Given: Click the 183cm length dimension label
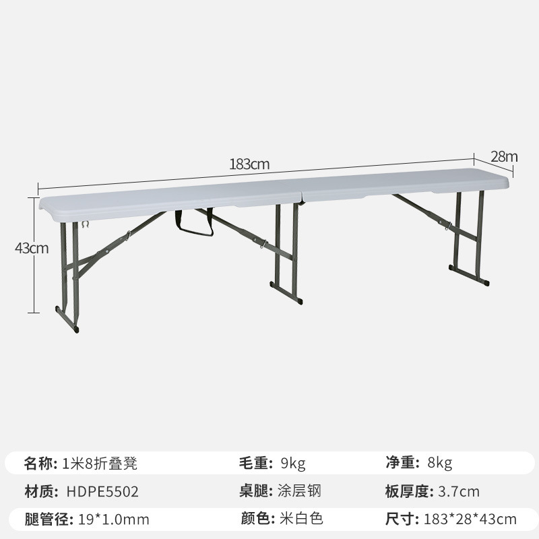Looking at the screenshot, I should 249,164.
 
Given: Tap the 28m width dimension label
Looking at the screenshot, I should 504,156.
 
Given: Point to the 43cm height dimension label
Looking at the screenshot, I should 32,247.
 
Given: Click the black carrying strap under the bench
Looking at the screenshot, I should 194,225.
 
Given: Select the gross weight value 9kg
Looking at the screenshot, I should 292,463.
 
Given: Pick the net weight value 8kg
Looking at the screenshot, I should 439,463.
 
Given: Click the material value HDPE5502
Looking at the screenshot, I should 102,491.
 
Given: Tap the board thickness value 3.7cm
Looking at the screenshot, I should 459,491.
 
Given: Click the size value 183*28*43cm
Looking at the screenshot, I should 470,519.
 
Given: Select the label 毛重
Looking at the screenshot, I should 255,463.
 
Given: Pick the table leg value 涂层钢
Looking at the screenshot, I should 299,491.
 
